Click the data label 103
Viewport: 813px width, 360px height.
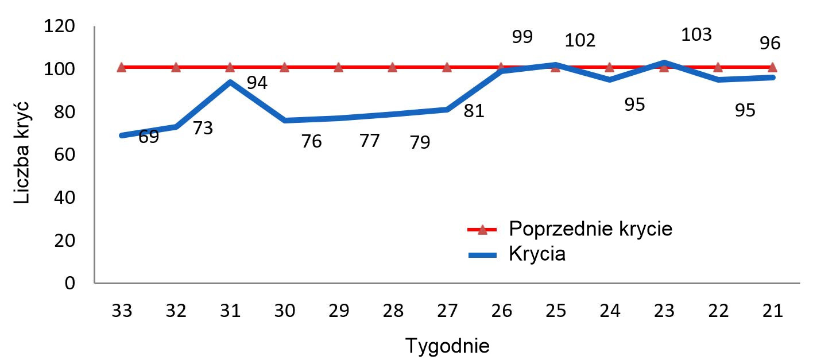pos(696,35)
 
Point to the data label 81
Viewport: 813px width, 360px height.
pos(474,111)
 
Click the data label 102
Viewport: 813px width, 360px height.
pos(580,41)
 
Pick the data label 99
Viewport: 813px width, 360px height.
pos(522,37)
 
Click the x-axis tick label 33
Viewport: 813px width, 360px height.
pos(122,311)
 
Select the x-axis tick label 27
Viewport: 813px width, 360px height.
pos(447,311)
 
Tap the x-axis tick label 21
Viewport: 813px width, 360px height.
pos(772,311)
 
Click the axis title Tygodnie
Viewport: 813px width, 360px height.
pos(447,346)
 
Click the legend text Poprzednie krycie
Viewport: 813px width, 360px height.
pos(590,229)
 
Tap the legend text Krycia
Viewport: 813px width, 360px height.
pos(537,254)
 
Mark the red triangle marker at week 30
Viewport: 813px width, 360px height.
pos(284,67)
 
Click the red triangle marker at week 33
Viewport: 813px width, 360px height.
pos(122,67)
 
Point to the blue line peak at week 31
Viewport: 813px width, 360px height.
pos(230,82)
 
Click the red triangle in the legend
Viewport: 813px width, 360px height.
pos(482,230)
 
